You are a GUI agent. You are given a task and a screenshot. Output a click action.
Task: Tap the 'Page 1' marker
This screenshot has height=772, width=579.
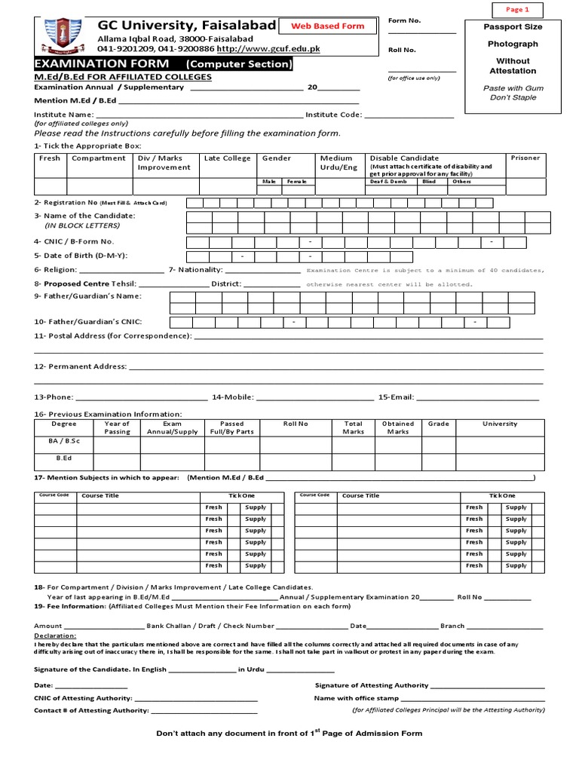pyautogui.click(x=517, y=10)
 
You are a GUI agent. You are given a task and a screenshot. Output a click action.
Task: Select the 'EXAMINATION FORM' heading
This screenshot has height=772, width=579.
pyautogui.click(x=101, y=64)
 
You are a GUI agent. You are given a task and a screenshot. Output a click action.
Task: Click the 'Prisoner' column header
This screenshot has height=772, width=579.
pyautogui.click(x=525, y=158)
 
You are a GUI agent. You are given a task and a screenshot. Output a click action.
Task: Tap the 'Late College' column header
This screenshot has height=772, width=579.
pyautogui.click(x=227, y=158)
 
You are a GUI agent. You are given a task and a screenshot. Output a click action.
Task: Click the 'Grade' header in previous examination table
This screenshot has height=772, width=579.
pyautogui.click(x=438, y=424)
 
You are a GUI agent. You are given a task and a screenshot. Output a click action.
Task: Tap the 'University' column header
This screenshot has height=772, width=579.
pyautogui.click(x=500, y=424)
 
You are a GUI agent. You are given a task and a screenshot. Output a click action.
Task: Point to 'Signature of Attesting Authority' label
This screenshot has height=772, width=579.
pyautogui.click(x=371, y=685)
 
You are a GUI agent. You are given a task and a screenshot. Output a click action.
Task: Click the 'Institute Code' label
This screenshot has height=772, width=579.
pyautogui.click(x=333, y=115)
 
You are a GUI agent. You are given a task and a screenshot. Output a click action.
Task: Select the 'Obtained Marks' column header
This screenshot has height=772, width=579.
pyautogui.click(x=398, y=427)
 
